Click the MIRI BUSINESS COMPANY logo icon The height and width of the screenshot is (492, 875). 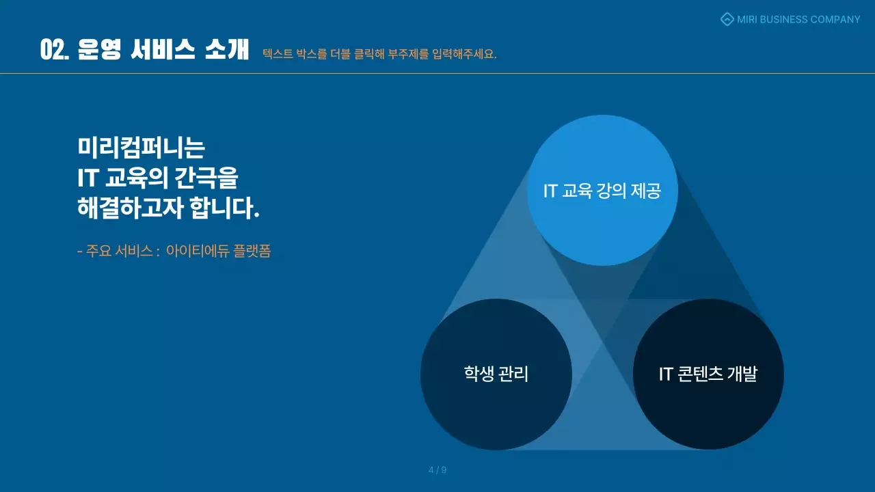click(x=727, y=19)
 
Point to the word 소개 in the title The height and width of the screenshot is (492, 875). click(x=226, y=50)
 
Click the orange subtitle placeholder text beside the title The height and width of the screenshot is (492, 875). click(x=379, y=54)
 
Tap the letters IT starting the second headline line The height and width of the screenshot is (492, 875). click(x=88, y=178)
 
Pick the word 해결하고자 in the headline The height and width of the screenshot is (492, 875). click(x=131, y=208)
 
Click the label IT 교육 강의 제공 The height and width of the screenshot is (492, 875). click(x=602, y=191)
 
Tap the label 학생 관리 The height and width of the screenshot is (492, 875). click(x=496, y=374)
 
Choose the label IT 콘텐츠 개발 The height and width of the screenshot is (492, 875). click(x=708, y=374)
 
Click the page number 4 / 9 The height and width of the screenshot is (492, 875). click(x=437, y=470)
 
